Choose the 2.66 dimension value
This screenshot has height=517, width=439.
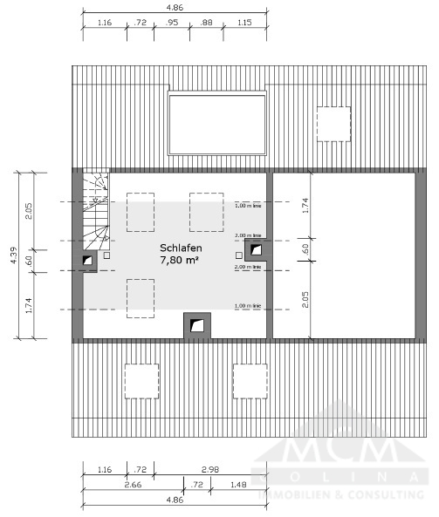tap(133, 484)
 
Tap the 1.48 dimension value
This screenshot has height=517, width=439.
tap(237, 484)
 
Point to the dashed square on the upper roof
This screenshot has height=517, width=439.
tap(333, 122)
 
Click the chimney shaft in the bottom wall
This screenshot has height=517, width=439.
tap(199, 325)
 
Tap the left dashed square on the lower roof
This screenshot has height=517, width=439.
tap(141, 380)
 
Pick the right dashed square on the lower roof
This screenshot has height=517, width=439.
tap(249, 380)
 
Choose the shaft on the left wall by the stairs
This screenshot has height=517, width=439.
tap(88, 259)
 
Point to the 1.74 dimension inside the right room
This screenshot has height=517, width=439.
tap(305, 206)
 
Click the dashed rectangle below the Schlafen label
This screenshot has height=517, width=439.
tap(141, 298)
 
